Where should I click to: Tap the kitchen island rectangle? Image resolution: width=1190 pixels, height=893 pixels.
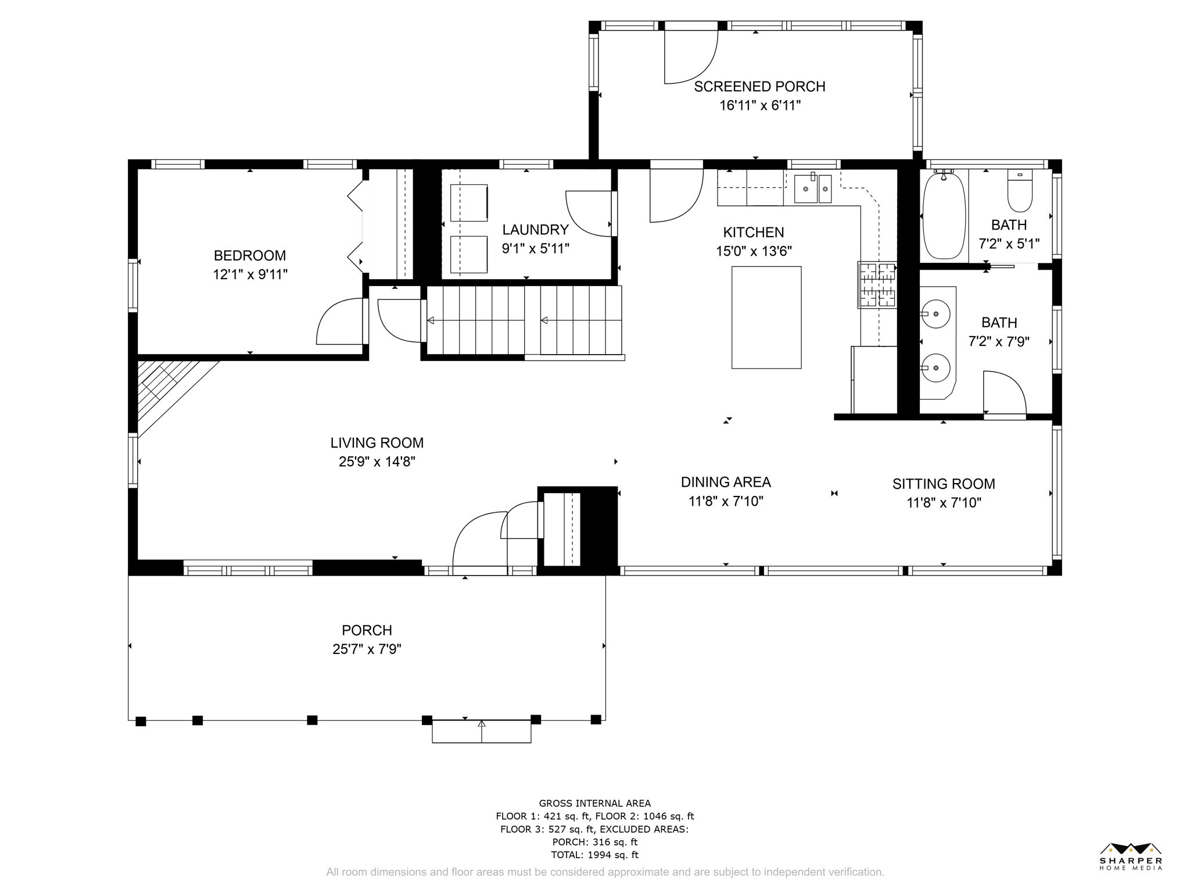[x=766, y=317]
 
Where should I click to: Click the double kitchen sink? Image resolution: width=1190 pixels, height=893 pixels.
[x=813, y=188]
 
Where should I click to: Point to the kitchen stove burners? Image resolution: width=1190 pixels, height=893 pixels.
[x=877, y=285]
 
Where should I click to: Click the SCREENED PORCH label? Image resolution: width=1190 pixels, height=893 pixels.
[x=759, y=87]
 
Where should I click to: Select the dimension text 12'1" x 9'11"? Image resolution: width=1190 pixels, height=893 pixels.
[x=250, y=274]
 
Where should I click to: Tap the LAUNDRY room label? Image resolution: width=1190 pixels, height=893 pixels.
[x=535, y=230]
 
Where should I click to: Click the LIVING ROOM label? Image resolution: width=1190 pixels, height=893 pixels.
[x=377, y=443]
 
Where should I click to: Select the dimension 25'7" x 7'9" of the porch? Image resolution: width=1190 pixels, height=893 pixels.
[x=367, y=649]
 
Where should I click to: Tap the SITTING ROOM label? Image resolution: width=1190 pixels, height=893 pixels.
[x=944, y=484]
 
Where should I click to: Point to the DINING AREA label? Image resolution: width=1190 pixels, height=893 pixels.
[x=726, y=482]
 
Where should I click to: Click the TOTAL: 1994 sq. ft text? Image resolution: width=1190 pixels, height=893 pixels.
[x=594, y=855]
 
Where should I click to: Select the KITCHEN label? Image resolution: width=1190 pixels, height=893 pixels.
[x=754, y=233]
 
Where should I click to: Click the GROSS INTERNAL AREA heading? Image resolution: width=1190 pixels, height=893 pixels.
[x=595, y=803]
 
